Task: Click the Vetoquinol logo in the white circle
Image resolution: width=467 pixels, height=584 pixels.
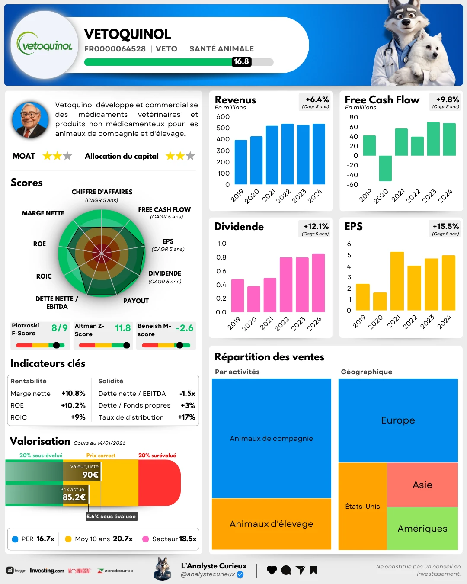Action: point(45,45)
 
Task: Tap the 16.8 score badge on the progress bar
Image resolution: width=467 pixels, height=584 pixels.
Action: point(241,62)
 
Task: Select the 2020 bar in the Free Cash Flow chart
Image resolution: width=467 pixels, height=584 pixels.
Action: point(385,168)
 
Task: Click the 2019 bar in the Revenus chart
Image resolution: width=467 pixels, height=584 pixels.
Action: point(241,162)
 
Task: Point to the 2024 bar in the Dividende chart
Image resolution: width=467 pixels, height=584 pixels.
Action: point(318,283)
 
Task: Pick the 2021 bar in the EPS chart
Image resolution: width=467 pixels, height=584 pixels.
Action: point(397,281)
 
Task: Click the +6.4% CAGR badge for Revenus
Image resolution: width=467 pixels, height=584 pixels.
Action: point(316,102)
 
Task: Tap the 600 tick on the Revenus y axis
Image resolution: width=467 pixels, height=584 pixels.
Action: point(223,117)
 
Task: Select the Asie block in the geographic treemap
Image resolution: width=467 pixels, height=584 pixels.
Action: point(422,485)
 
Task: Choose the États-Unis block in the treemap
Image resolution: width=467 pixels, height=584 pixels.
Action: point(362,506)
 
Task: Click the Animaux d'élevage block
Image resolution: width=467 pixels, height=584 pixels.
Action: point(271,524)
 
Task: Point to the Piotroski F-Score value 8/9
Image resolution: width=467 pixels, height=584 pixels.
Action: point(59,328)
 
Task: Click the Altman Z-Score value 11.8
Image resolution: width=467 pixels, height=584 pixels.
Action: point(123,328)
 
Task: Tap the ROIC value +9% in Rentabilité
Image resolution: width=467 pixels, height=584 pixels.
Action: point(78,417)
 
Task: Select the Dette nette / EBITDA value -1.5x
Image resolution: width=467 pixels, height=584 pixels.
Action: point(187,394)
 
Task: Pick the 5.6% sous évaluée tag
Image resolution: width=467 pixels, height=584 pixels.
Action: point(111,517)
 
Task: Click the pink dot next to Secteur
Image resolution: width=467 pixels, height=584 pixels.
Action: point(146,539)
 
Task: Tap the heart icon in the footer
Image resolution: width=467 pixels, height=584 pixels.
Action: point(272,570)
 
